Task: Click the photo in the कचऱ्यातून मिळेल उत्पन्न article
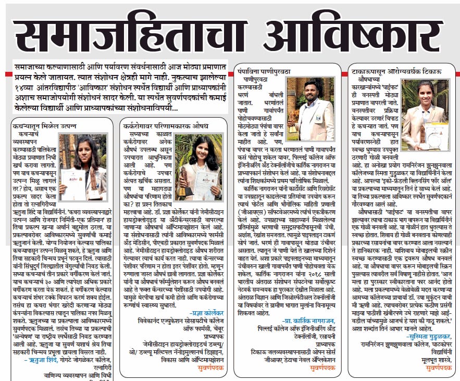click(84, 167)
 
